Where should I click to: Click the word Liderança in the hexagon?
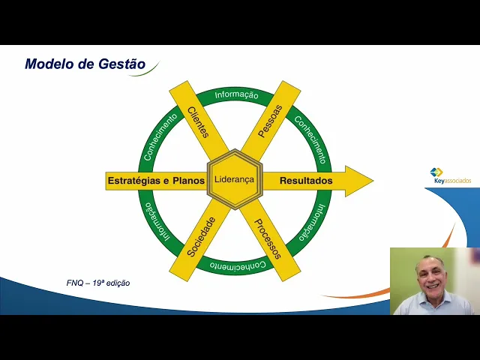(x=234, y=180)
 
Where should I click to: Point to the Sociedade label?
(x=201, y=236)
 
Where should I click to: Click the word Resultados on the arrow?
(x=306, y=181)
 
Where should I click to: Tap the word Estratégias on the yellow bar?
(x=134, y=181)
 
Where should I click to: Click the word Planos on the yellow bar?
(x=188, y=181)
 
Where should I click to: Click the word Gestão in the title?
(x=121, y=64)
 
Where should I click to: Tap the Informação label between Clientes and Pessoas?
(x=236, y=95)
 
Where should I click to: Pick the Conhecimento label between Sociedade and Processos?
(x=234, y=265)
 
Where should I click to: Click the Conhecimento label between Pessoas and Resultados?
(x=309, y=139)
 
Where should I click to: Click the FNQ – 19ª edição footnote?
(x=98, y=283)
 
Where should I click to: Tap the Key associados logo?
(x=449, y=177)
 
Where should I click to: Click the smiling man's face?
(x=433, y=274)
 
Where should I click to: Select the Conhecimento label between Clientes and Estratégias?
(x=159, y=139)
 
